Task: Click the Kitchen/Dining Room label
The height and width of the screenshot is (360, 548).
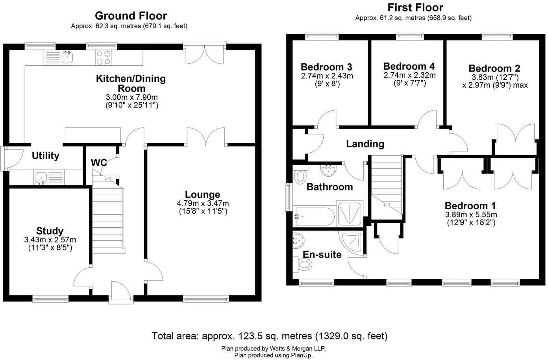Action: click(131, 83)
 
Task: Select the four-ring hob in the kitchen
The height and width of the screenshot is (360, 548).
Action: click(104, 58)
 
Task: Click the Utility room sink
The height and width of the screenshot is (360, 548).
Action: click(41, 177)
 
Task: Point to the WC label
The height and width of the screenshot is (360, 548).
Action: click(98, 162)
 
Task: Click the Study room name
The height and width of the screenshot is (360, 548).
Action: click(50, 231)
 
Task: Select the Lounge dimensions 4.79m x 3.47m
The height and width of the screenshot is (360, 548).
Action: click(203, 203)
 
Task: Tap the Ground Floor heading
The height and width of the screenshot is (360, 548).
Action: click(131, 16)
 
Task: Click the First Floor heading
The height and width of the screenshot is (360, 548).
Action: click(415, 7)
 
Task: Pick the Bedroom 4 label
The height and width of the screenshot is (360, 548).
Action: click(409, 66)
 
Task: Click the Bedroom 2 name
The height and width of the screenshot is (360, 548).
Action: click(494, 68)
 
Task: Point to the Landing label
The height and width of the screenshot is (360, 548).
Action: click(365, 144)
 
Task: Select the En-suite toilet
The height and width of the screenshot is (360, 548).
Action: click(304, 265)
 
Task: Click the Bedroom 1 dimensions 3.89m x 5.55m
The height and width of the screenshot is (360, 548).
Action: click(471, 215)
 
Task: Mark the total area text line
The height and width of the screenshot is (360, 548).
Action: click(270, 336)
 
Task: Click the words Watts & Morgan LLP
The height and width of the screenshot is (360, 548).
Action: click(297, 349)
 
